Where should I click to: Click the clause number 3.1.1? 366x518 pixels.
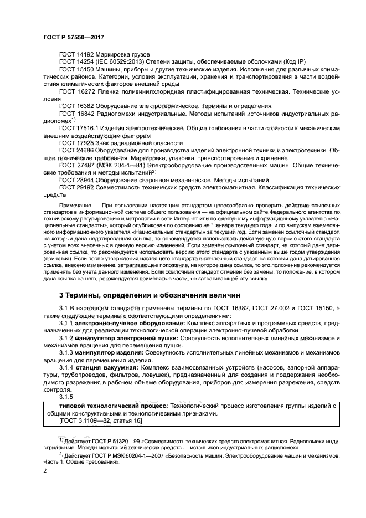(66, 323)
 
